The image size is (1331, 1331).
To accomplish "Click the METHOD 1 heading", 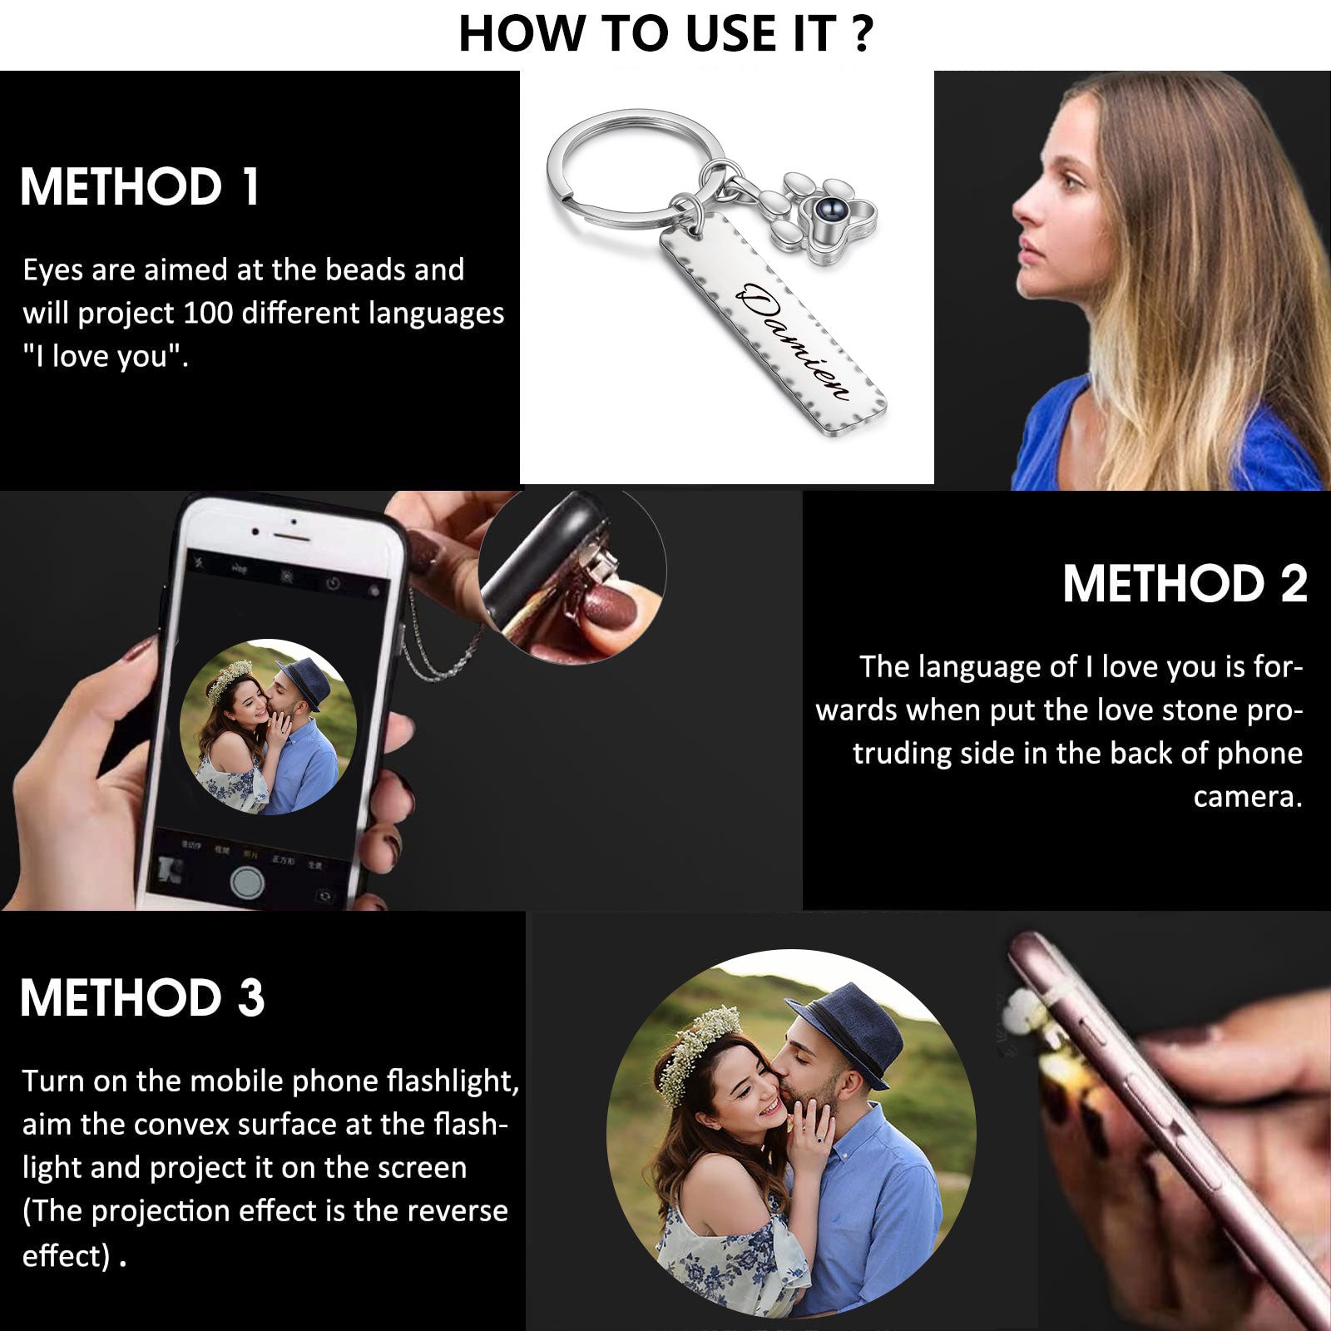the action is [x=140, y=186].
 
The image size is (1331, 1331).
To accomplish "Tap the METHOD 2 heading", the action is [x=1185, y=583].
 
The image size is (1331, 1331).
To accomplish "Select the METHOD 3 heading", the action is [x=142, y=997].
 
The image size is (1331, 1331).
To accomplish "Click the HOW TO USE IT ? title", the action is [x=665, y=34].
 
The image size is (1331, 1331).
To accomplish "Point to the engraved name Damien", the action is [x=794, y=341].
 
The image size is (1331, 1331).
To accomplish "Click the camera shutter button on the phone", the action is [x=247, y=881].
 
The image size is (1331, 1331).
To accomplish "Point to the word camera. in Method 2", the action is [x=1248, y=797].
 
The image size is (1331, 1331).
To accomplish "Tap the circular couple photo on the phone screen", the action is [x=268, y=726].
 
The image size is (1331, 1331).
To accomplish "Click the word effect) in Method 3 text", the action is [x=67, y=1255].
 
